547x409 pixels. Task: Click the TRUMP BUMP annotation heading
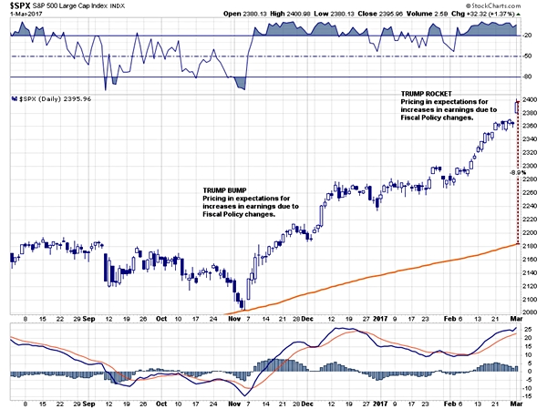[223, 189]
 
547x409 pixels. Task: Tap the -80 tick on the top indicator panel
[529, 76]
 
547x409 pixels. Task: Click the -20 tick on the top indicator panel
[529, 36]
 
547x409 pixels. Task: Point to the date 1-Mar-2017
[25, 15]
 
